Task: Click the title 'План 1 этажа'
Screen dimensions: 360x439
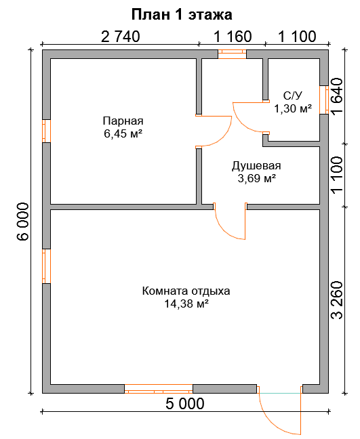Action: pos(182,14)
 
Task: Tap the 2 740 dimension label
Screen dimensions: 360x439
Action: pos(121,37)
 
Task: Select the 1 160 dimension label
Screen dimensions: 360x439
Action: pos(233,37)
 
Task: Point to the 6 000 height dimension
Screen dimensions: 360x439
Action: pos(22,222)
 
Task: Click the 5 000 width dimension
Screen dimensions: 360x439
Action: pos(185,404)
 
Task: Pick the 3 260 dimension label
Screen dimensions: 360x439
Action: pos(337,300)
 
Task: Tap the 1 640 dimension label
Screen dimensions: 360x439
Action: pos(337,96)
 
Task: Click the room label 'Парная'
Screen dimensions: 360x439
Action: pos(123,121)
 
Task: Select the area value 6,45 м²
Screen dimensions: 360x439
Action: pos(123,133)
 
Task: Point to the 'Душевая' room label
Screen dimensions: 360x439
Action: pos(256,165)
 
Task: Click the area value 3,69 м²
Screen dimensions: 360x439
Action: pos(257,178)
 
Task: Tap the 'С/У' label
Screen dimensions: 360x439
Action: pos(293,96)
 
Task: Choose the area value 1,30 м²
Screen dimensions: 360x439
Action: pos(293,108)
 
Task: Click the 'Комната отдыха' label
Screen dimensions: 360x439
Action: pos(186,291)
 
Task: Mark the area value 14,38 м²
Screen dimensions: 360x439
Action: pos(186,304)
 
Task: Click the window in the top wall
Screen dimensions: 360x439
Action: pos(233,54)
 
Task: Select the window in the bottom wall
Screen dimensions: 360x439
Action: pos(159,389)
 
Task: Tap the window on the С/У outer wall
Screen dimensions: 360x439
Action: pos(324,100)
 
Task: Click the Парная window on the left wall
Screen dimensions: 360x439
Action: pos(47,131)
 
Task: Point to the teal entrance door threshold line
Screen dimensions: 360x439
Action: pos(280,393)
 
